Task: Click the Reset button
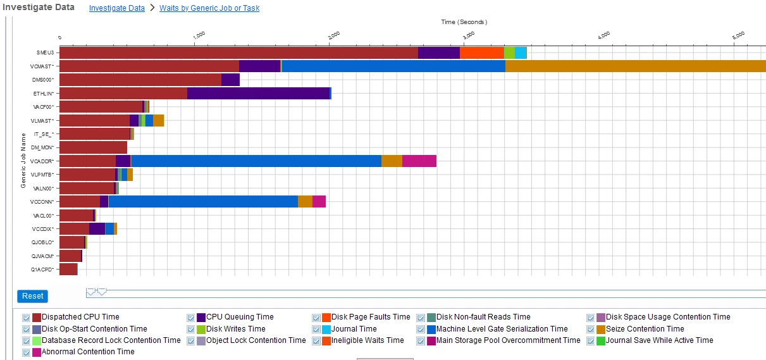[x=32, y=296]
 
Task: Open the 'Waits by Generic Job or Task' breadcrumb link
[x=209, y=8]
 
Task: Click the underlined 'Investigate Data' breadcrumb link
[x=116, y=8]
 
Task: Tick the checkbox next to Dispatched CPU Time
[x=27, y=317]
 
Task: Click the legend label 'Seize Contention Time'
[x=645, y=329]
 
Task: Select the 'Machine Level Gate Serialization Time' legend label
[x=502, y=329]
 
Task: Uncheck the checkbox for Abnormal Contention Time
[x=27, y=352]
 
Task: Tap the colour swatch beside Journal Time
[x=326, y=329]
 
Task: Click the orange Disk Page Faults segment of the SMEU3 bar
[x=481, y=53]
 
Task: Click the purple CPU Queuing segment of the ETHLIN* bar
[x=258, y=93]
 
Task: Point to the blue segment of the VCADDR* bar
[x=256, y=161]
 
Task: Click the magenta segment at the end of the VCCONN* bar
[x=319, y=201]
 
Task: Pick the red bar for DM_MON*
[x=93, y=147]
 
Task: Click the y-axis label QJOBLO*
[x=43, y=242]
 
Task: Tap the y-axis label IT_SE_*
[x=43, y=134]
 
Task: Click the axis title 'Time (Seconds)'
[x=464, y=22]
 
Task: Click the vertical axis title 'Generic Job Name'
[x=23, y=160]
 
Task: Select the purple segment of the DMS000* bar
[x=230, y=80]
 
